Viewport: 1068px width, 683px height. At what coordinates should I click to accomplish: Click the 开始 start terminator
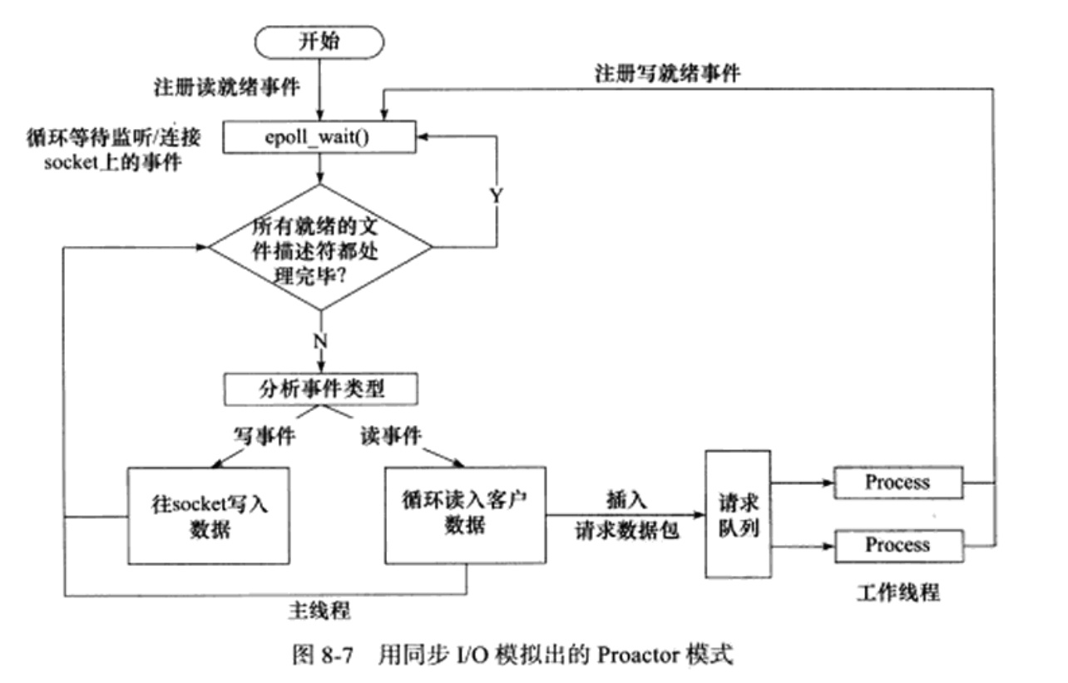(319, 42)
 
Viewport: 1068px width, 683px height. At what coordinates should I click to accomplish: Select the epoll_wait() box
(319, 137)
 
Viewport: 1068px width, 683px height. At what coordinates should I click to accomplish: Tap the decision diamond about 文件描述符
(320, 247)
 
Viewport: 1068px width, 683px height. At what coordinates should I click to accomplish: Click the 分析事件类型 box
(321, 389)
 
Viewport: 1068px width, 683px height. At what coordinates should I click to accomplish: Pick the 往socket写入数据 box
(208, 516)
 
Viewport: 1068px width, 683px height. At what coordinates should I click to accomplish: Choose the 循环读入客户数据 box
(465, 515)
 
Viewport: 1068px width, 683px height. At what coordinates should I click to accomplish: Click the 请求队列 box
(738, 514)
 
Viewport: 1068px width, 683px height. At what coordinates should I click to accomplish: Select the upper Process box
(898, 483)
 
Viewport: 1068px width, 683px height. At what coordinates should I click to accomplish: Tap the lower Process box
(899, 546)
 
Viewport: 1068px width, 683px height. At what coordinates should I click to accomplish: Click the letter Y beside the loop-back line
(497, 195)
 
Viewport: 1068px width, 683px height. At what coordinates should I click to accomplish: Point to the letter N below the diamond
(320, 341)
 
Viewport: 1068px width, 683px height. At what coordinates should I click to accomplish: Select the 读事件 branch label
(390, 435)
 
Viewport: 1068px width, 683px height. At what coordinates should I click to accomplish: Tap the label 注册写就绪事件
(667, 74)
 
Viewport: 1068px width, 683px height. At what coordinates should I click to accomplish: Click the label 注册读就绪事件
(226, 87)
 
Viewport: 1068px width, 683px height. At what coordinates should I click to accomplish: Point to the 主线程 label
(319, 611)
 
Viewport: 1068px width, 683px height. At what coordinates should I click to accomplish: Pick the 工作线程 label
(898, 593)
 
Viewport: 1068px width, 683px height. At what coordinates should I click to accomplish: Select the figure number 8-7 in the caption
(337, 656)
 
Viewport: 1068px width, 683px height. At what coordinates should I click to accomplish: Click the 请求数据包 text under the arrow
(626, 531)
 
